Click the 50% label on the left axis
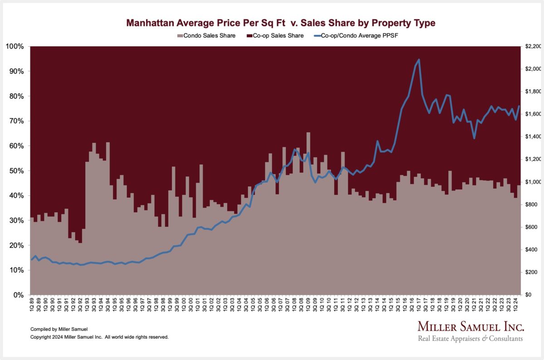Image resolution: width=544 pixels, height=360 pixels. click(x=17, y=171)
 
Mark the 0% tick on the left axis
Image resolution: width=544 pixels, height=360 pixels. click(x=19, y=295)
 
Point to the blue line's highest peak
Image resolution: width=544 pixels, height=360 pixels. click(x=418, y=59)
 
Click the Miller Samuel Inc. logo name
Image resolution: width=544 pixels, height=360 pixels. click(x=470, y=327)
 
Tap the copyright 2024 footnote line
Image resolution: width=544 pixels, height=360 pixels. click(x=99, y=337)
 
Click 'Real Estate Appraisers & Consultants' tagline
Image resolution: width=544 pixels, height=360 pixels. click(x=470, y=339)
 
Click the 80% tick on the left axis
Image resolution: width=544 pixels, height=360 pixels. click(x=17, y=96)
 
